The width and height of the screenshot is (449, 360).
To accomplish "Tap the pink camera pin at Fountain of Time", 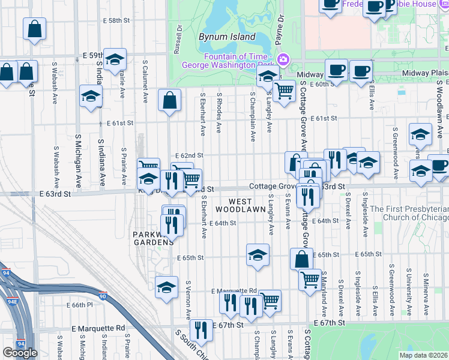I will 283,59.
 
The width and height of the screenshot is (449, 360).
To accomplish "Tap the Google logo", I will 20,352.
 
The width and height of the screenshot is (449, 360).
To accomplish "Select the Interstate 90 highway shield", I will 101,295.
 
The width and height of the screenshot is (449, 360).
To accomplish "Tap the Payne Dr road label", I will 280,27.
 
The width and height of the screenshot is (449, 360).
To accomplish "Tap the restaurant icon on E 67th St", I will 201,329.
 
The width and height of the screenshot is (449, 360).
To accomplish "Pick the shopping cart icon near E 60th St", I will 284,91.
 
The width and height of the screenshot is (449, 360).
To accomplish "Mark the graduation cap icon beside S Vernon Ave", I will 166,287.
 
